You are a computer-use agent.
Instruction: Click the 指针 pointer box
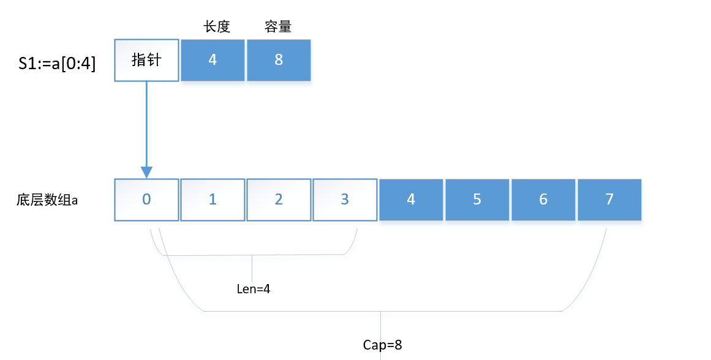[x=146, y=60]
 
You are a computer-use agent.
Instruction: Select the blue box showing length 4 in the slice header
[x=213, y=60]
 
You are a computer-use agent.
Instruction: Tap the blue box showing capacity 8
[x=279, y=60]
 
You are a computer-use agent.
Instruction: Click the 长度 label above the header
[x=217, y=27]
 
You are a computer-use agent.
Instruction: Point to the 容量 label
[x=277, y=27]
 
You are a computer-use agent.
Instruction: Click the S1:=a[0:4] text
[x=57, y=63]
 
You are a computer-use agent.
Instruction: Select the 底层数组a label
[x=47, y=200]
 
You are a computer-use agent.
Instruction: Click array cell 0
[x=146, y=200]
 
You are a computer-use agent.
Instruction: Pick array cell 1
[x=213, y=200]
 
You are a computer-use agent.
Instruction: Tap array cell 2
[x=279, y=200]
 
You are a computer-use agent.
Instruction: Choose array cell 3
[x=345, y=200]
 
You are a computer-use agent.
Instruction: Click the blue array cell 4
[x=411, y=200]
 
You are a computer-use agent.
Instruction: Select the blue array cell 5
[x=477, y=200]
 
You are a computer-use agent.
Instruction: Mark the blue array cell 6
[x=543, y=200]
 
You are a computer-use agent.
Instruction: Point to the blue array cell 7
[x=609, y=200]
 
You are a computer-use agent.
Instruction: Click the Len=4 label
[x=253, y=289]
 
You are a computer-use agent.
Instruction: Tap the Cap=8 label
[x=382, y=345]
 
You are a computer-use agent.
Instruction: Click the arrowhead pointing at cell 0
[x=146, y=171]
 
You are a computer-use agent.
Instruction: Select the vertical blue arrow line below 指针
[x=146, y=122]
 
